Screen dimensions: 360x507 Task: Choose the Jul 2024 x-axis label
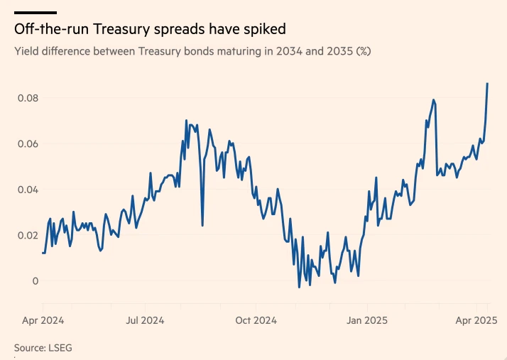[145, 320]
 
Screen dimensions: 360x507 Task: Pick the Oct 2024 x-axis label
[256, 320]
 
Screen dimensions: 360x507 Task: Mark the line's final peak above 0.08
[487, 84]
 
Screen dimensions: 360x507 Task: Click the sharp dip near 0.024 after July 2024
[202, 226]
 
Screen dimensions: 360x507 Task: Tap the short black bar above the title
[35, 12]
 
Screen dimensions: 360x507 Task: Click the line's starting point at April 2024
[43, 253]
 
